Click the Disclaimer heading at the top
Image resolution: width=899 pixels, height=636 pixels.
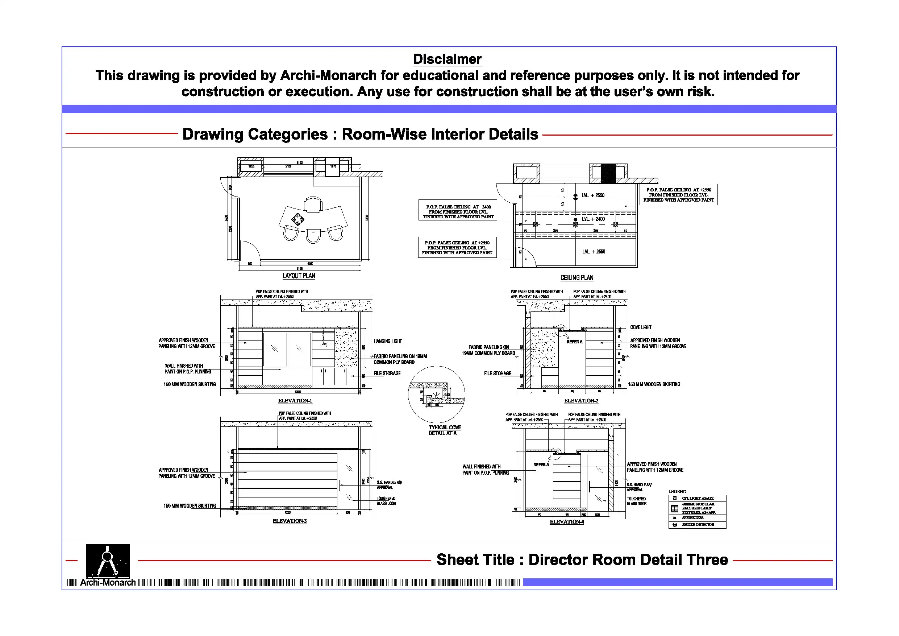coord(447,59)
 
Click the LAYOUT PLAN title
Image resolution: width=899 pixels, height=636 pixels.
coord(299,276)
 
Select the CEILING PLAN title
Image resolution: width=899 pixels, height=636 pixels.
coord(577,277)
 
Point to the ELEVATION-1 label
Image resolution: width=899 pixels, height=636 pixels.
coord(295,400)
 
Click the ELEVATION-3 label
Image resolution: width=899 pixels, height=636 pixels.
coord(290,521)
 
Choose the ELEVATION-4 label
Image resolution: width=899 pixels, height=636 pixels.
coord(567,521)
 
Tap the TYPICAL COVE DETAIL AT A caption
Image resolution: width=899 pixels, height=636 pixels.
coord(444,430)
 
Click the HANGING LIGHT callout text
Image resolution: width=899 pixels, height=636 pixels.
coord(387,341)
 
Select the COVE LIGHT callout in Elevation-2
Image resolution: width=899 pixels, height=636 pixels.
coord(641,327)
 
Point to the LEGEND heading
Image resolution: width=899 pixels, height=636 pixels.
coord(677,491)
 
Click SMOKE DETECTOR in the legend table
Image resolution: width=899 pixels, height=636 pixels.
coord(698,524)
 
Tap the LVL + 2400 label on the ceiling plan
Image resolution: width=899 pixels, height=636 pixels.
coord(593,219)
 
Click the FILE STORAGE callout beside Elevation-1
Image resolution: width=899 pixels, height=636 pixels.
coord(387,373)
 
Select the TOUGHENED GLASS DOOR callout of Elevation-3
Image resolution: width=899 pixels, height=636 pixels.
coord(386,501)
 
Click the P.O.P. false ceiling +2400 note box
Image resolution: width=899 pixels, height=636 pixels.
coord(458,212)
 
